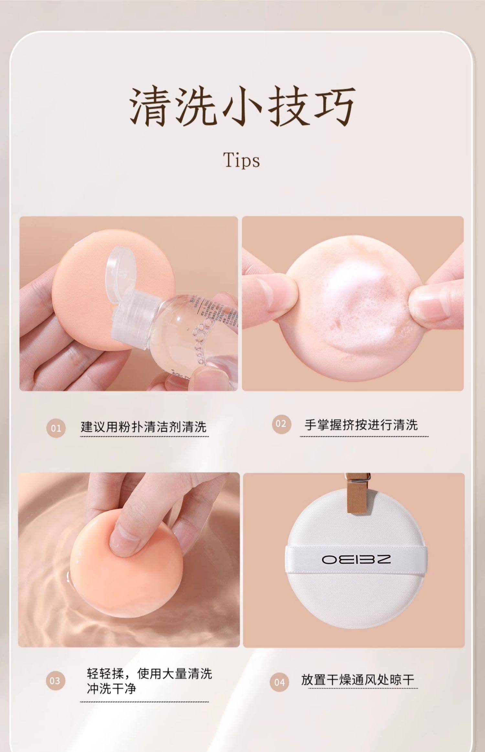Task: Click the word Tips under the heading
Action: [242, 160]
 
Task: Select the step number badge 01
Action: [56, 428]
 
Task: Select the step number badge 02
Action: [281, 424]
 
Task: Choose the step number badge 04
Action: [279, 682]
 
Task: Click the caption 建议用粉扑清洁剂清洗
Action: [144, 427]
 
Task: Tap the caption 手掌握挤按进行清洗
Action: [361, 425]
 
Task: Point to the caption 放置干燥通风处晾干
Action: [358, 679]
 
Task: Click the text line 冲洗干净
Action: [112, 689]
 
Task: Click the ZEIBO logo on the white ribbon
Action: [356, 559]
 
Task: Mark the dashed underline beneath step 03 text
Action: [144, 702]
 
